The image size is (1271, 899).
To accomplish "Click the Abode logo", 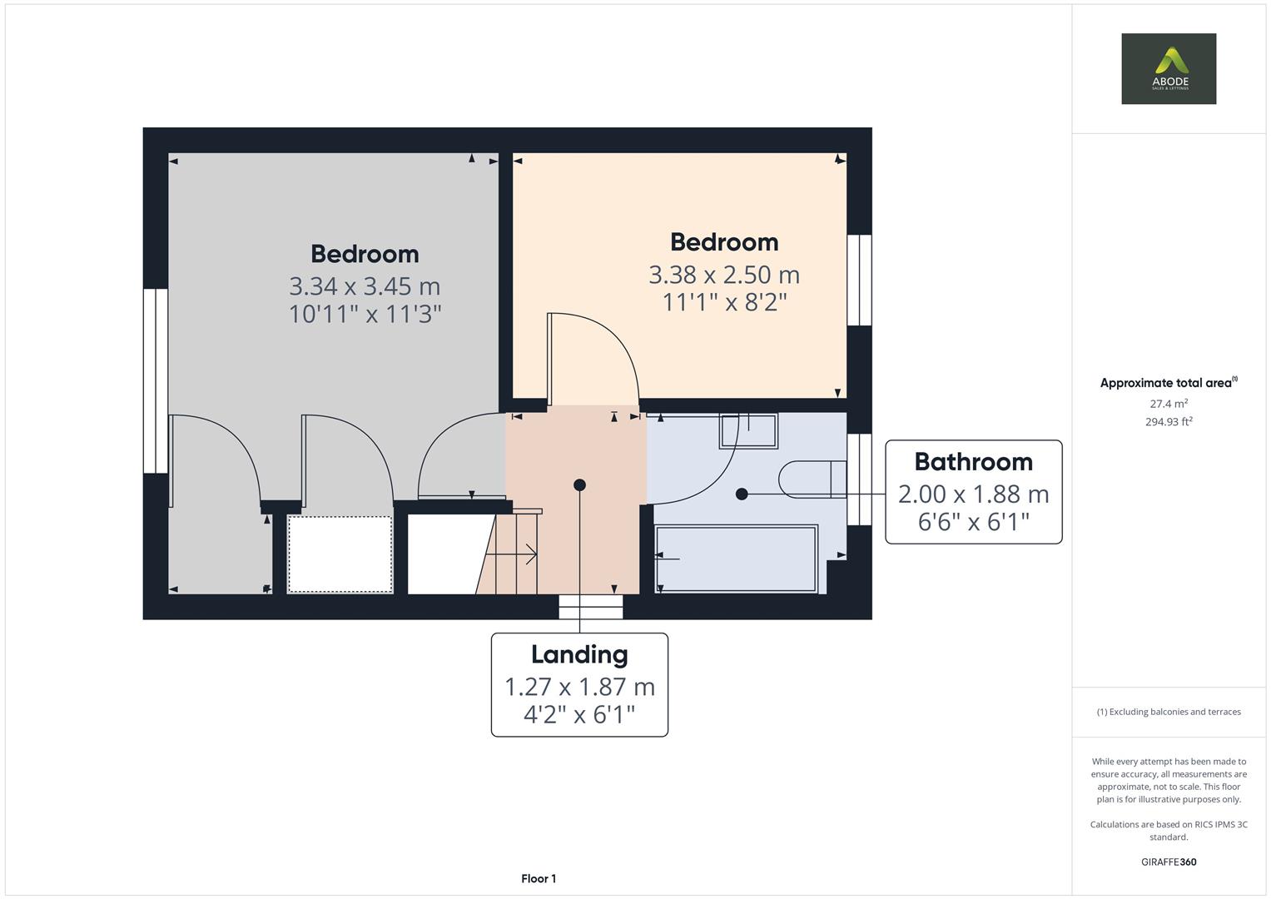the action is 1169,68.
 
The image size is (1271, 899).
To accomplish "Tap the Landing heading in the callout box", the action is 579,654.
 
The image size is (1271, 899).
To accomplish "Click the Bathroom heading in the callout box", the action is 973,462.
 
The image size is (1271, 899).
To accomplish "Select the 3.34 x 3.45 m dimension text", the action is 365,286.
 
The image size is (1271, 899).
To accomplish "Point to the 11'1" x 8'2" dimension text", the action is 725,302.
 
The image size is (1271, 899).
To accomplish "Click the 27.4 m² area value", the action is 1169,404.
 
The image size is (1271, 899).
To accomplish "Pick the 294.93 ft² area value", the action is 1169,422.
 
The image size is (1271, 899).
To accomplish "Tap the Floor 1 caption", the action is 539,878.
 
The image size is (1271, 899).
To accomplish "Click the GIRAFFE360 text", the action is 1169,862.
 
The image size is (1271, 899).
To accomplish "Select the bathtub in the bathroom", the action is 736,559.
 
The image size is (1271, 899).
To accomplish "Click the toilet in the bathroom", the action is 812,479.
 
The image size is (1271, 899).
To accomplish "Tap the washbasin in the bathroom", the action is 748,431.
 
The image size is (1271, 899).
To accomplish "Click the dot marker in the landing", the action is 579,484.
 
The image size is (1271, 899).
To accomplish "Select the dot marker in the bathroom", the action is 741,494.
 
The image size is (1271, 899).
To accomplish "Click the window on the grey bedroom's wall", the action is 156,381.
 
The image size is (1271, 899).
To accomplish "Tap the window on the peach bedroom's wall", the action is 859,280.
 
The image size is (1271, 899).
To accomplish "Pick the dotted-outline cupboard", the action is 340,554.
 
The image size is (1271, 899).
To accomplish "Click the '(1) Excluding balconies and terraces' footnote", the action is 1169,712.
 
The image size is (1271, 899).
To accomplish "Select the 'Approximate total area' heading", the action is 1169,383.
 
